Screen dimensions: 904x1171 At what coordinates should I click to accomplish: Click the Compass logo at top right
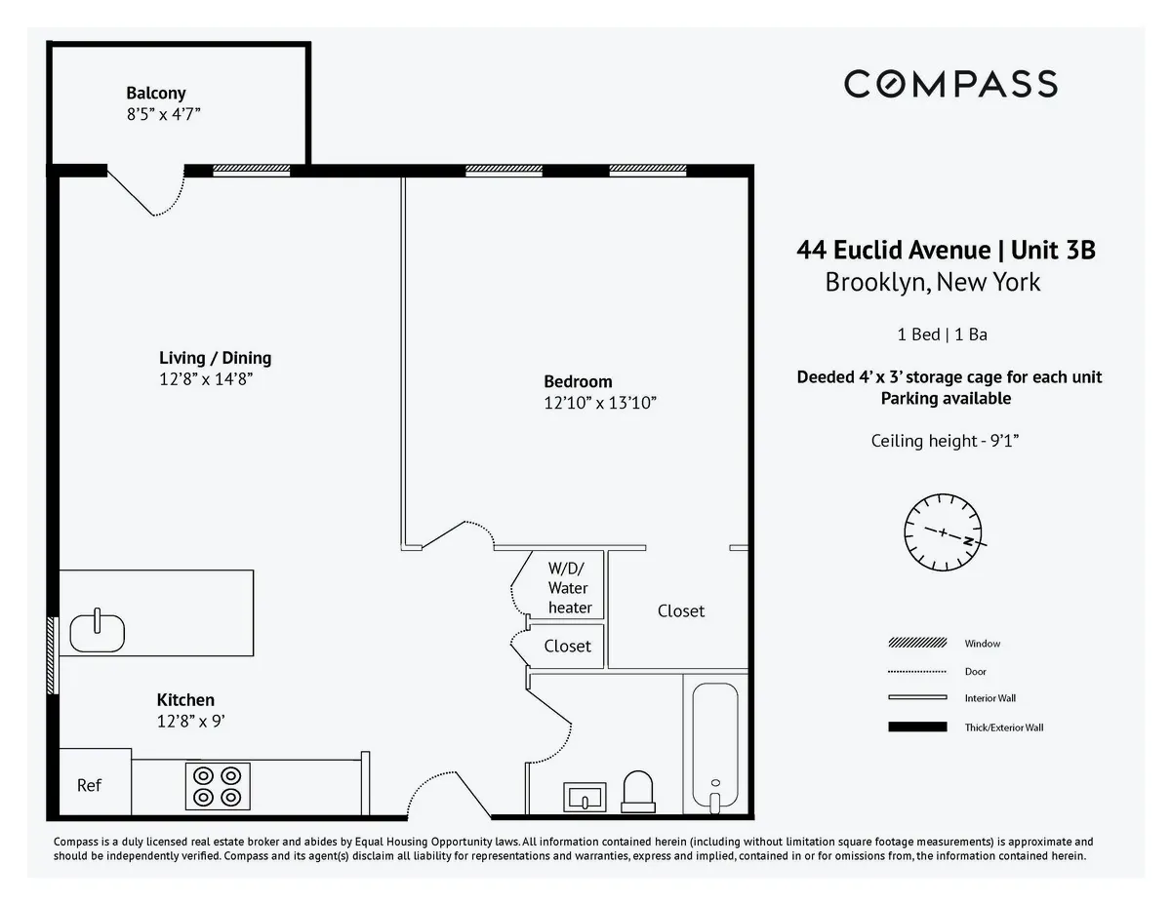[949, 84]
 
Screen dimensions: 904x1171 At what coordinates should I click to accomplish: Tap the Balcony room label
[155, 94]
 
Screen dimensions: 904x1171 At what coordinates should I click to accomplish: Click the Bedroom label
[578, 381]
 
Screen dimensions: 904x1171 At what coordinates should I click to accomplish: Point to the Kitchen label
[185, 700]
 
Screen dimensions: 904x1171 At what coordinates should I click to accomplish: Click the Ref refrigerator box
[90, 784]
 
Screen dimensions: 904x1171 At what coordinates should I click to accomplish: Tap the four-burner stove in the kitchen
[218, 786]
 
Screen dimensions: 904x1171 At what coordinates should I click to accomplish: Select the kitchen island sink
[98, 631]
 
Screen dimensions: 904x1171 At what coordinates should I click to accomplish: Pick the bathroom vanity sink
[585, 797]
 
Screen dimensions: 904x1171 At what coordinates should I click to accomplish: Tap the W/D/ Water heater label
[568, 587]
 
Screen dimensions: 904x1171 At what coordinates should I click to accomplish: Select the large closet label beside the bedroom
[680, 611]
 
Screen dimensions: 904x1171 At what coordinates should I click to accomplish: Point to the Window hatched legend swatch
[917, 644]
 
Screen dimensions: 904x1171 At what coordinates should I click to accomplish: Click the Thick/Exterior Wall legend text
[1004, 727]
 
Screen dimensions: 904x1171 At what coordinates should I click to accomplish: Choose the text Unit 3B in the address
[1053, 251]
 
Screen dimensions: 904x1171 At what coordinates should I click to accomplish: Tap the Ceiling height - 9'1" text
[945, 441]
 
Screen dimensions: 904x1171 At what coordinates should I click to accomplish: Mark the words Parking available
[946, 398]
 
